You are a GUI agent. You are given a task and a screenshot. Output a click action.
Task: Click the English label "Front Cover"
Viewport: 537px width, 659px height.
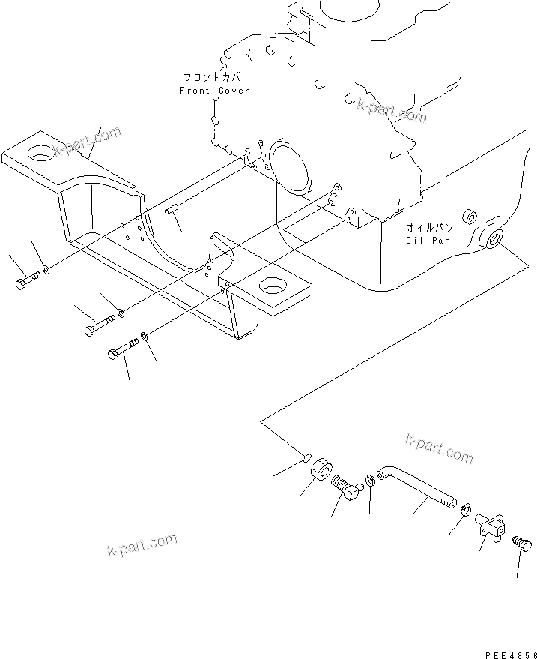(214, 91)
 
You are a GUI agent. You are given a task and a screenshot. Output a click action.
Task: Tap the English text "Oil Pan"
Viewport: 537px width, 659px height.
(428, 241)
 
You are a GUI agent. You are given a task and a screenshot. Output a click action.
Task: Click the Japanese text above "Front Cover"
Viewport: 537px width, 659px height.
(216, 77)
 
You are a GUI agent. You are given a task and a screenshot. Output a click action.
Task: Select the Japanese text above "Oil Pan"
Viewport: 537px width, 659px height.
(429, 228)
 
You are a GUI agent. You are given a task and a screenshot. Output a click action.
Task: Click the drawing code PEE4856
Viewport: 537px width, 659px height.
(511, 655)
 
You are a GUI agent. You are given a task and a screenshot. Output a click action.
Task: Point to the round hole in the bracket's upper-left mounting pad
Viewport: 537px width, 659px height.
(40, 153)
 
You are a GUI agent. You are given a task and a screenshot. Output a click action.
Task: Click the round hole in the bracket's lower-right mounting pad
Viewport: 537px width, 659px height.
(273, 287)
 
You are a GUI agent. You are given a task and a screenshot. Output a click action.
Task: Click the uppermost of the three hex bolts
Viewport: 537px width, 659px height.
(28, 280)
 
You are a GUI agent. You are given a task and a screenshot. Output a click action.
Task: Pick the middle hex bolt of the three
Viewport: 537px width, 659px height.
(100, 325)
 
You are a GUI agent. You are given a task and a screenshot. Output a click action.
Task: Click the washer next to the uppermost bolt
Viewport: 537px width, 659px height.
(46, 269)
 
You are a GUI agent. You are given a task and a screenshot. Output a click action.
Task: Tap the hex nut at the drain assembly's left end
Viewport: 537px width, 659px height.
(321, 469)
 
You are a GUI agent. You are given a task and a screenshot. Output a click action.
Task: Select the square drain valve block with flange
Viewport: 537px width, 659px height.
(491, 526)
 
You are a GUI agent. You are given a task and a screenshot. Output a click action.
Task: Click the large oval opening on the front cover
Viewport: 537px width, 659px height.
(288, 168)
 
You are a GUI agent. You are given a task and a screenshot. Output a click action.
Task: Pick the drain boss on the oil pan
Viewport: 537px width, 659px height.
(493, 239)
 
